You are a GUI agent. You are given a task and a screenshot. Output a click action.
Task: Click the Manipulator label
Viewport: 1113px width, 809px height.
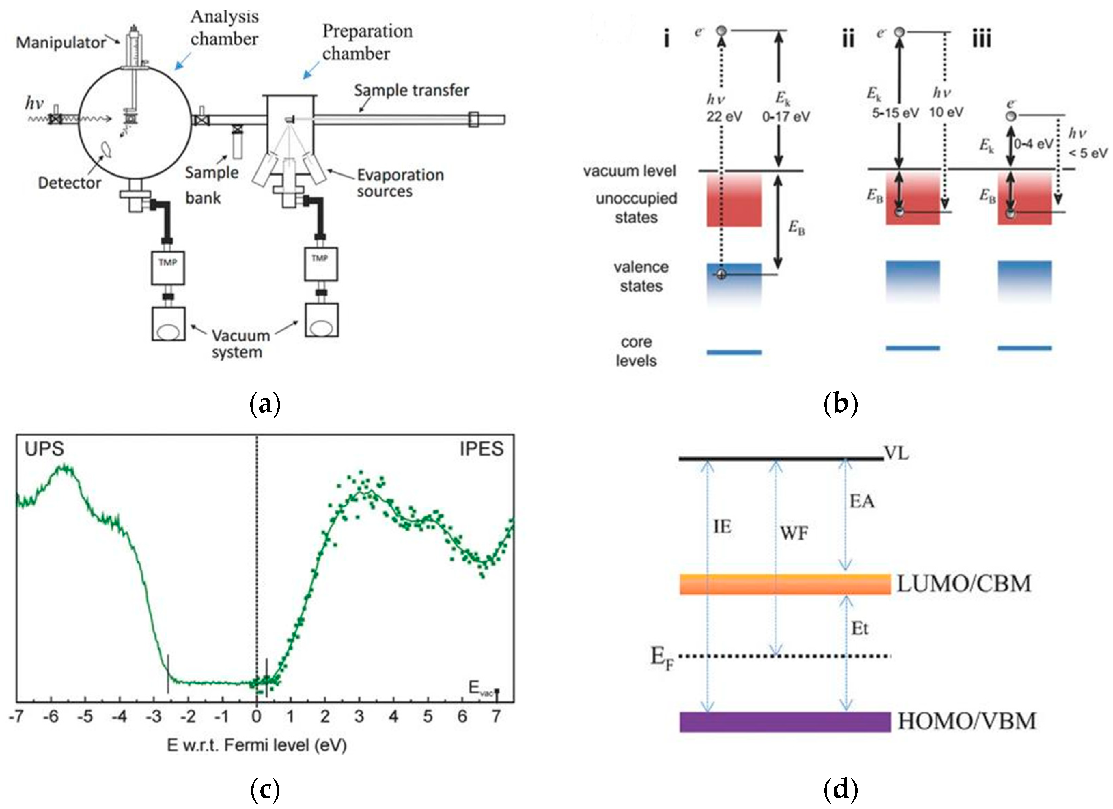coord(60,43)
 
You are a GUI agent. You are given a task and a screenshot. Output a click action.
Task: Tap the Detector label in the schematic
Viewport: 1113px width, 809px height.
coord(69,183)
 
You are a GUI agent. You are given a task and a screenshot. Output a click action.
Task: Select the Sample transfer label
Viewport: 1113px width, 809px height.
coord(411,90)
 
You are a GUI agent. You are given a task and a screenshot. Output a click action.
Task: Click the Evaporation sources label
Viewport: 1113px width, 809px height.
coord(400,183)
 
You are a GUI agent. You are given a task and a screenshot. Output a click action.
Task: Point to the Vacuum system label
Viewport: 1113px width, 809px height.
coord(240,344)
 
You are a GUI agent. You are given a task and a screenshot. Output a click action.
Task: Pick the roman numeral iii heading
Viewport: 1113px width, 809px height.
coord(982,39)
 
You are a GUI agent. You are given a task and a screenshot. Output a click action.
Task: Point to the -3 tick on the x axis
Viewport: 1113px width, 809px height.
coord(154,717)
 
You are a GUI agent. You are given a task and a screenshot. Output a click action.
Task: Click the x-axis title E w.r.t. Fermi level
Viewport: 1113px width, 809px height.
coord(257,745)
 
